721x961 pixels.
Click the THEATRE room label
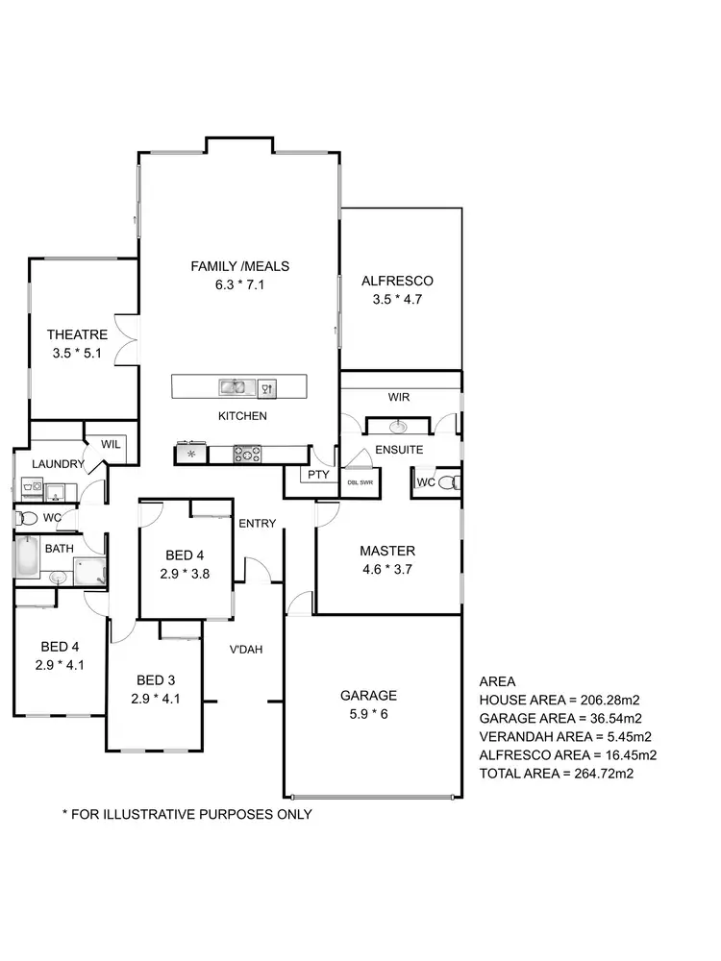pyautogui.click(x=77, y=334)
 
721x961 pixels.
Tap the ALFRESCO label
pyautogui.click(x=397, y=281)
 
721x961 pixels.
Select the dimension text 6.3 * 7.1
pyautogui.click(x=239, y=284)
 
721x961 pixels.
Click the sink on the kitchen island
pyautogui.click(x=232, y=387)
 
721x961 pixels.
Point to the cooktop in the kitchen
pyautogui.click(x=248, y=453)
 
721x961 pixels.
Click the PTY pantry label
pyautogui.click(x=316, y=475)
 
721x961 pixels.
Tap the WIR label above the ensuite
pyautogui.click(x=399, y=396)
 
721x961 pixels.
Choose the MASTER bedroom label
pyautogui.click(x=387, y=551)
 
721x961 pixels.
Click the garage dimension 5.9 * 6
pyautogui.click(x=368, y=714)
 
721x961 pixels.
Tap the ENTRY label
pyautogui.click(x=257, y=524)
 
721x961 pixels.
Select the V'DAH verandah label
pyautogui.click(x=246, y=649)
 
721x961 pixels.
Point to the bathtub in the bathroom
pyautogui.click(x=26, y=557)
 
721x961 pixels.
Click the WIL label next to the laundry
pyautogui.click(x=110, y=444)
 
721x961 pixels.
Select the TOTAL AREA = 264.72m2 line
pyautogui.click(x=555, y=773)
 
